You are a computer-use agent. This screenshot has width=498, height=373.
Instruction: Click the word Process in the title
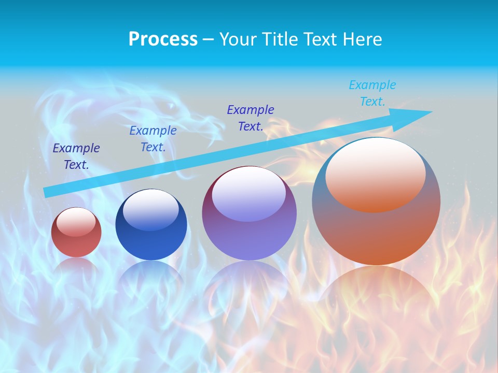point(163,39)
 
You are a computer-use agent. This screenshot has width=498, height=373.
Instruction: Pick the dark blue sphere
point(151,241)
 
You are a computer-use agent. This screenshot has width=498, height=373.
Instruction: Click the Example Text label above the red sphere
point(76,156)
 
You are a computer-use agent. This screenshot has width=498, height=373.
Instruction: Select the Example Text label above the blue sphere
point(153,139)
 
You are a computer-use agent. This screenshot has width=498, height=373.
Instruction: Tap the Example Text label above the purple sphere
point(251,118)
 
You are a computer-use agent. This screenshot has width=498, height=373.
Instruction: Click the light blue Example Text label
point(372,93)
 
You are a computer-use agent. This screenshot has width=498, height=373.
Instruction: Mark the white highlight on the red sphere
point(76,221)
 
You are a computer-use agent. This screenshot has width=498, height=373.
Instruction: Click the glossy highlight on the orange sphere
point(376,174)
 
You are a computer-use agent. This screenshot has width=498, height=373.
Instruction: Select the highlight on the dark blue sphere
point(151,209)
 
